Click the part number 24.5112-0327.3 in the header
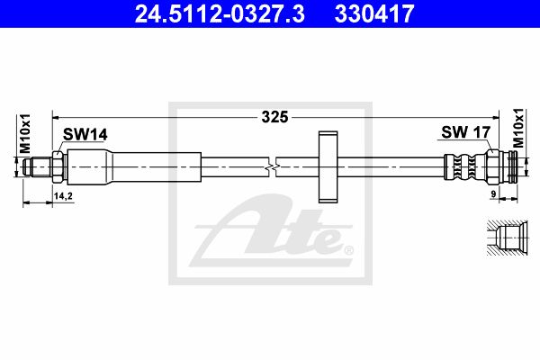pos(220,13)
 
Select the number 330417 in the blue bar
pos(374,13)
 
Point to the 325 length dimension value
pos(274,117)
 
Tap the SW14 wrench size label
pos(85,134)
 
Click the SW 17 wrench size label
pos(465,132)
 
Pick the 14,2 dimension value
pos(63,196)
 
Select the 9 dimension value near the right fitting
pos(493,194)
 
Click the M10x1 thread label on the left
pos(25,134)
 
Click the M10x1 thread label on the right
pos(517,128)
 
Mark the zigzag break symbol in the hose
pos(273,167)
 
